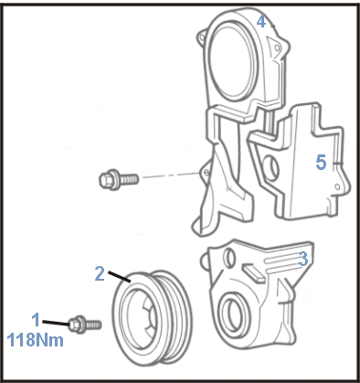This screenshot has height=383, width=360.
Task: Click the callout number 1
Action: click(37, 320)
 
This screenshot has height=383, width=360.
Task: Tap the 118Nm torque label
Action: click(35, 340)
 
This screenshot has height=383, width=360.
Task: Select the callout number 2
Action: click(100, 273)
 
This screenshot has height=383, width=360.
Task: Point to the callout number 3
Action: click(303, 259)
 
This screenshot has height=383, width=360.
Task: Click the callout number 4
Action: click(261, 21)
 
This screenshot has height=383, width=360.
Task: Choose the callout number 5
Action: click(322, 162)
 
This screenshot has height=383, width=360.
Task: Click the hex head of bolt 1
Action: click(77, 324)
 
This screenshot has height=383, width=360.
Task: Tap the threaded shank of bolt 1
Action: click(94, 324)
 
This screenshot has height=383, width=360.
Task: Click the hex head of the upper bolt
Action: click(109, 179)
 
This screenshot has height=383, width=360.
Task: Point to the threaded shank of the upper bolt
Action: click(129, 179)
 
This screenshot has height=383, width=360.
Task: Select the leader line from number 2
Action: click(120, 276)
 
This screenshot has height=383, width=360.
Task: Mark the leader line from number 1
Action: click(56, 323)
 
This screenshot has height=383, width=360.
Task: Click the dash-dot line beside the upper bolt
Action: click(171, 176)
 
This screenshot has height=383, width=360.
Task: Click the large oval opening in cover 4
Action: click(232, 59)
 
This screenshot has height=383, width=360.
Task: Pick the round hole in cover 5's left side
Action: click(272, 167)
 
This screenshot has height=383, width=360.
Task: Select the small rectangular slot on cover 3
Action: click(254, 273)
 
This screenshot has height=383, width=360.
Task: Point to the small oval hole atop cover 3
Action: click(229, 258)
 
